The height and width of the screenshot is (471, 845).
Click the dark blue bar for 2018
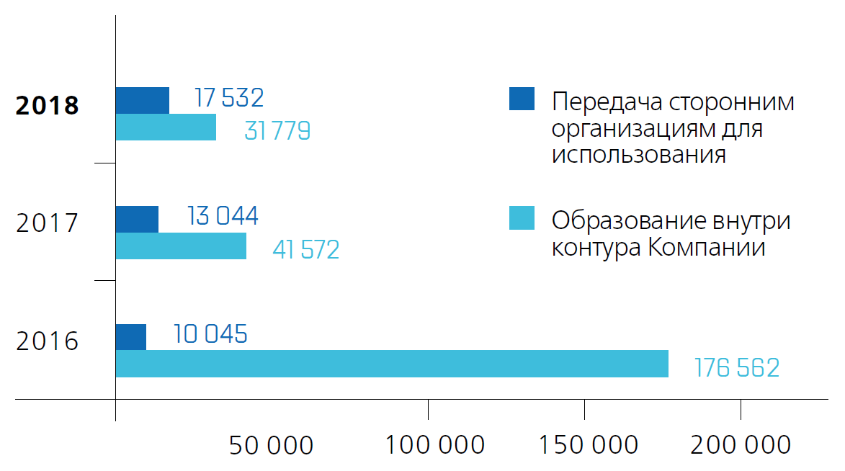click(x=143, y=100)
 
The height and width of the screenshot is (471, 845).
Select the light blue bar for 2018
click(x=166, y=127)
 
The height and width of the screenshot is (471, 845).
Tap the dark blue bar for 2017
click(x=137, y=219)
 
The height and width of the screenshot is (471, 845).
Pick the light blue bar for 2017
click(x=181, y=246)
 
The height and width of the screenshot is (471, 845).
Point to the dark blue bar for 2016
click(x=131, y=337)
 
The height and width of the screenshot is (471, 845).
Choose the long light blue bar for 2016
click(x=392, y=364)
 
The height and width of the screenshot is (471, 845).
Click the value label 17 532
click(x=229, y=98)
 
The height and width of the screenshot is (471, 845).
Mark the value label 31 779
click(x=277, y=131)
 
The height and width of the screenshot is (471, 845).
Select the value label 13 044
click(x=223, y=216)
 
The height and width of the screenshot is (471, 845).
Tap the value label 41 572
click(x=305, y=250)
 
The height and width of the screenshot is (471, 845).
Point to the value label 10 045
click(x=210, y=334)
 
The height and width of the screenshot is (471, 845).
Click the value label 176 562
click(x=736, y=368)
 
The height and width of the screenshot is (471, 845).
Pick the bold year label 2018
click(x=48, y=106)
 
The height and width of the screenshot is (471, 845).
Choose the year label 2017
click(x=48, y=223)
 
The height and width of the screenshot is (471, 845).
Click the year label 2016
click(x=48, y=341)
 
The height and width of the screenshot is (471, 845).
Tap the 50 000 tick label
click(x=272, y=446)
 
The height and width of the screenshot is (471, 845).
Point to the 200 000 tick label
click(x=741, y=446)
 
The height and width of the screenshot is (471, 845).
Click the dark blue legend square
click(x=522, y=99)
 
